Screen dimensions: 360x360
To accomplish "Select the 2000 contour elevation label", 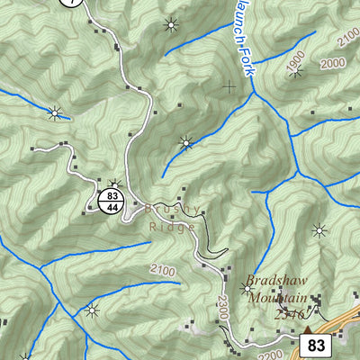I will pyautogui.click(x=332, y=62).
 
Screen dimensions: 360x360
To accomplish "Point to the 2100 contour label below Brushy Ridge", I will pyautogui.click(x=163, y=270).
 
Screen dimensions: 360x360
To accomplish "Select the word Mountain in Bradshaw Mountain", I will pyautogui.click(x=278, y=298).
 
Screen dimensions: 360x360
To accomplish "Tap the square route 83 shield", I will pyautogui.click(x=315, y=345).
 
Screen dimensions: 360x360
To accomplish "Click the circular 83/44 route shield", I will pyautogui.click(x=112, y=200).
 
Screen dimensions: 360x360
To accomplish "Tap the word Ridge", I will pyautogui.click(x=172, y=228).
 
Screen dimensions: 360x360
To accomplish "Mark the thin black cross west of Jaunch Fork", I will pyautogui.click(x=229, y=87).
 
